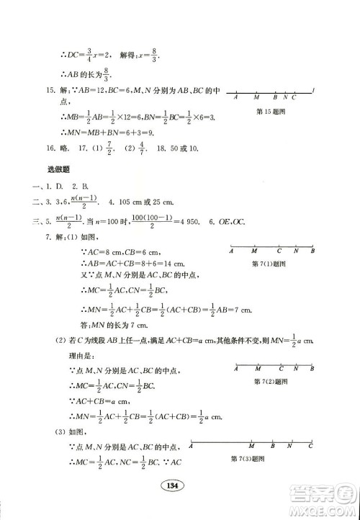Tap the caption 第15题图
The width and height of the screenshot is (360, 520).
click(x=270, y=112)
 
